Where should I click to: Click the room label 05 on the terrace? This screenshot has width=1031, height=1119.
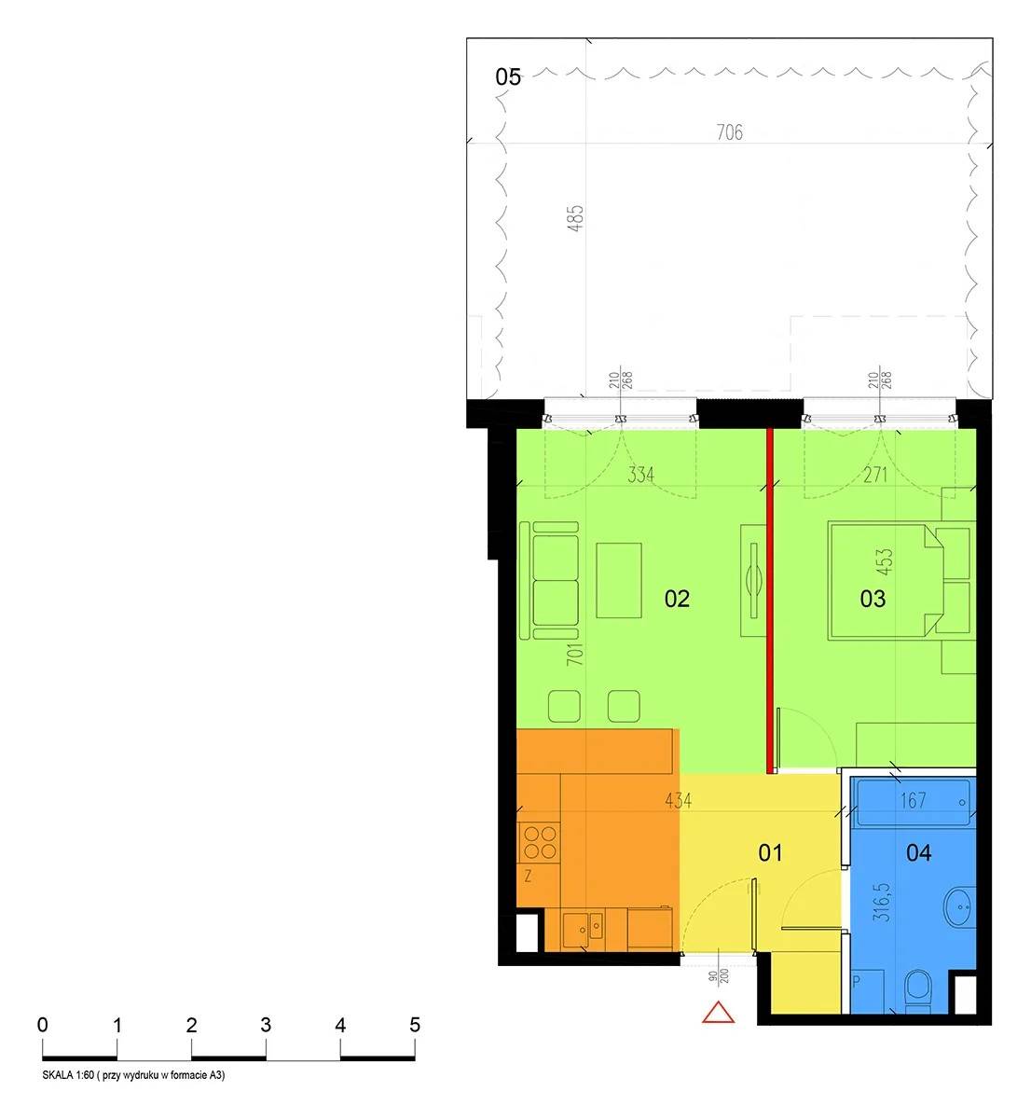point(508,77)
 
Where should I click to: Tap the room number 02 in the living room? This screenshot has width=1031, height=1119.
point(677,599)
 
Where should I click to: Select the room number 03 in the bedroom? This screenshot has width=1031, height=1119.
point(873,599)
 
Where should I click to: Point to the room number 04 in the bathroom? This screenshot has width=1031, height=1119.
point(919,852)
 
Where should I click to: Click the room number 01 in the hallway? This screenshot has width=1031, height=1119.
point(771,852)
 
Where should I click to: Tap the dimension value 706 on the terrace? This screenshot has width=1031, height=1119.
point(730,132)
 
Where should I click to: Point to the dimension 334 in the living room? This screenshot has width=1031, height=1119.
point(640,475)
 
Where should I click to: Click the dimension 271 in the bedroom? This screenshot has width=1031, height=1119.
point(874,475)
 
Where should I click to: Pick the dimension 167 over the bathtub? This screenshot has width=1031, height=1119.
point(913,800)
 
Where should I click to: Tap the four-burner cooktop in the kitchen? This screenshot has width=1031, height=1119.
point(539,842)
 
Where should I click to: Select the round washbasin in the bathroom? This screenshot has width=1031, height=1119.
point(959,906)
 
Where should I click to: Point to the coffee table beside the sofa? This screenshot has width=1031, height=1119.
point(619,581)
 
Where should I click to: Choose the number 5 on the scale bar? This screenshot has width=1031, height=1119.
point(415,1025)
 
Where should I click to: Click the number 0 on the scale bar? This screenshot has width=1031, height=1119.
point(42,1025)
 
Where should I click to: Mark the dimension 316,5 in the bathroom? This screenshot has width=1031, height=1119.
point(884,902)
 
